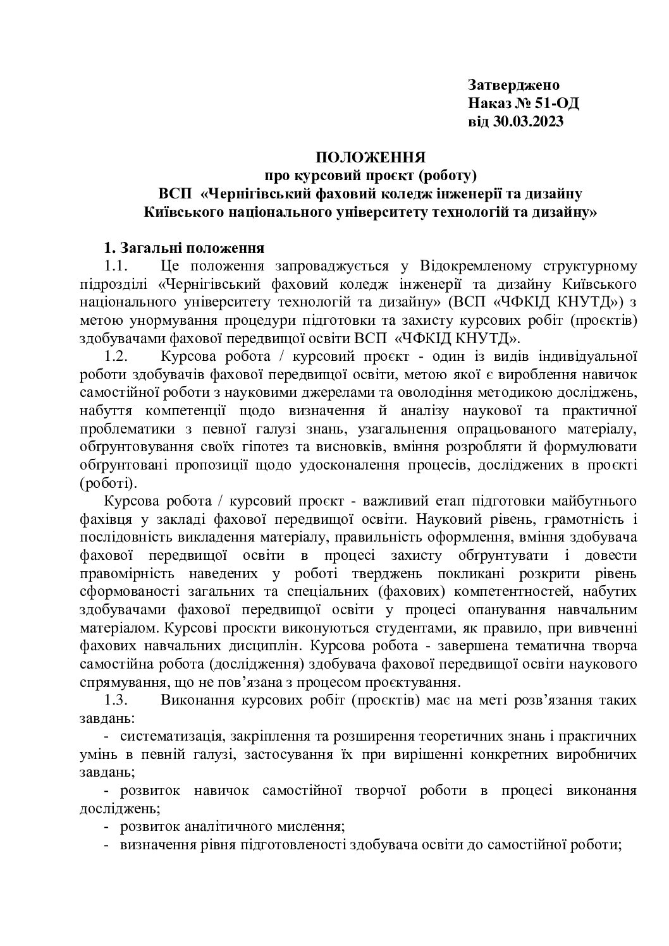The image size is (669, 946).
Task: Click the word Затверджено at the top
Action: coord(513,85)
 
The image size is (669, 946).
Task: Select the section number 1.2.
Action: coord(116,355)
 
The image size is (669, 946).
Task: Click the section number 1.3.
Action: coord(116,700)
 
